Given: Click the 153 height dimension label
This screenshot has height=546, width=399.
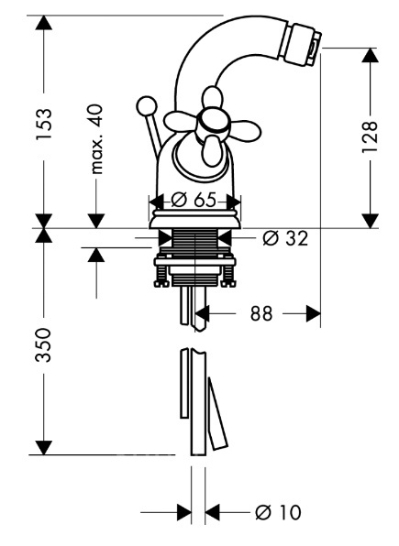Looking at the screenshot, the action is pos(44,124).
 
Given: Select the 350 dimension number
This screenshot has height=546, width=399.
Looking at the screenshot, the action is pos(44,344).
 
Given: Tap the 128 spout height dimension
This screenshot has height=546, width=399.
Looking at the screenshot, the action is pos(370,136).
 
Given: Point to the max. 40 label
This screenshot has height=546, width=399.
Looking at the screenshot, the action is pos(96,139).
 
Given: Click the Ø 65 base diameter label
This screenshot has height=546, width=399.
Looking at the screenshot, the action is pos(194,200).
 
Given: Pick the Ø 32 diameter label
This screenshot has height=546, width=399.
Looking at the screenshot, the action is pos(285,238).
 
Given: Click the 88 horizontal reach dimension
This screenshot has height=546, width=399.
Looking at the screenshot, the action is pos(260,313).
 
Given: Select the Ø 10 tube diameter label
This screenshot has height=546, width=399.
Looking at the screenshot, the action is pos(278,513).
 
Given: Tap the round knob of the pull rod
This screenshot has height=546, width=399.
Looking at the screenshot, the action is pos(146,106).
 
